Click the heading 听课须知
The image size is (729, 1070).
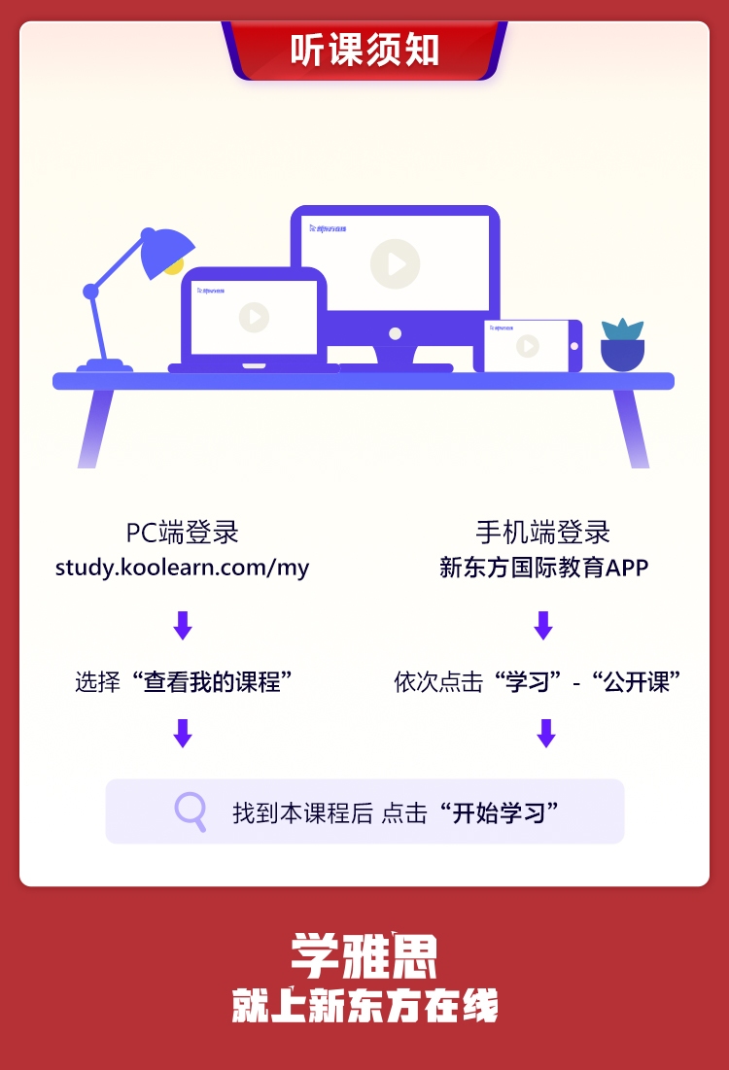[364, 52]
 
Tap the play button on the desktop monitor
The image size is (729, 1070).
[395, 263]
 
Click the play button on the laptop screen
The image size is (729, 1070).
[254, 317]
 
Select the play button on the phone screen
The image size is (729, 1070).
[527, 346]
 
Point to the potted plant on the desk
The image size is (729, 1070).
[622, 345]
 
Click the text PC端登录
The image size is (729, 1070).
[182, 533]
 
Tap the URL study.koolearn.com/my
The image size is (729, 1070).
[182, 567]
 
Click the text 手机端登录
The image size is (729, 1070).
[542, 533]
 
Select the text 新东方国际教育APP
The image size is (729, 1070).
[543, 567]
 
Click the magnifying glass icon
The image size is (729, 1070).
[191, 811]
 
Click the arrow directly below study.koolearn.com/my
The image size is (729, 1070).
[182, 625]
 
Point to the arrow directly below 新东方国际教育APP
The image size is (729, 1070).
[543, 625]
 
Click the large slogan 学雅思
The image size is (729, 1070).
[364, 957]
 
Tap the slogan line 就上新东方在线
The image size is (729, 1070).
[364, 1006]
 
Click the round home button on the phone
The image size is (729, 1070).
[574, 346]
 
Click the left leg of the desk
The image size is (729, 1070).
[96, 428]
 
